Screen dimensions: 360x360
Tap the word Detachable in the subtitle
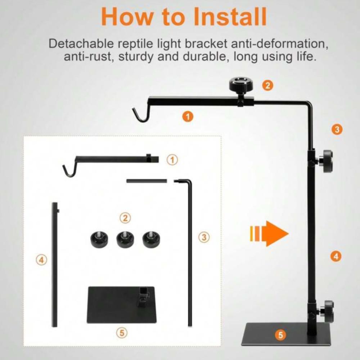[81, 44]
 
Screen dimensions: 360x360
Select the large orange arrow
[269, 234]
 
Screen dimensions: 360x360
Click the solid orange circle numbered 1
[188, 117]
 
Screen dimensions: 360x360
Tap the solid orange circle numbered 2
[268, 85]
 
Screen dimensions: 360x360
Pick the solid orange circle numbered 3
[337, 130]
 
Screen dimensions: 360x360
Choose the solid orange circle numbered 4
[336, 256]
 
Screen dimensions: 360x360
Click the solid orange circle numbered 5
[280, 335]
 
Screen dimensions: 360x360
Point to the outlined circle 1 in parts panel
[172, 159]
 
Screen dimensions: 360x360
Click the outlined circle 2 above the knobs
[125, 218]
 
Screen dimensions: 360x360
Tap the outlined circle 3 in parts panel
[204, 237]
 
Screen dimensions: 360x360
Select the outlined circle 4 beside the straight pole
[41, 260]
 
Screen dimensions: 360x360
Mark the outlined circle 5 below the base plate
[122, 332]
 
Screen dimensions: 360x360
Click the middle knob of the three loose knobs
[125, 239]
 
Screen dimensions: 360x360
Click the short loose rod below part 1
[147, 181]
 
